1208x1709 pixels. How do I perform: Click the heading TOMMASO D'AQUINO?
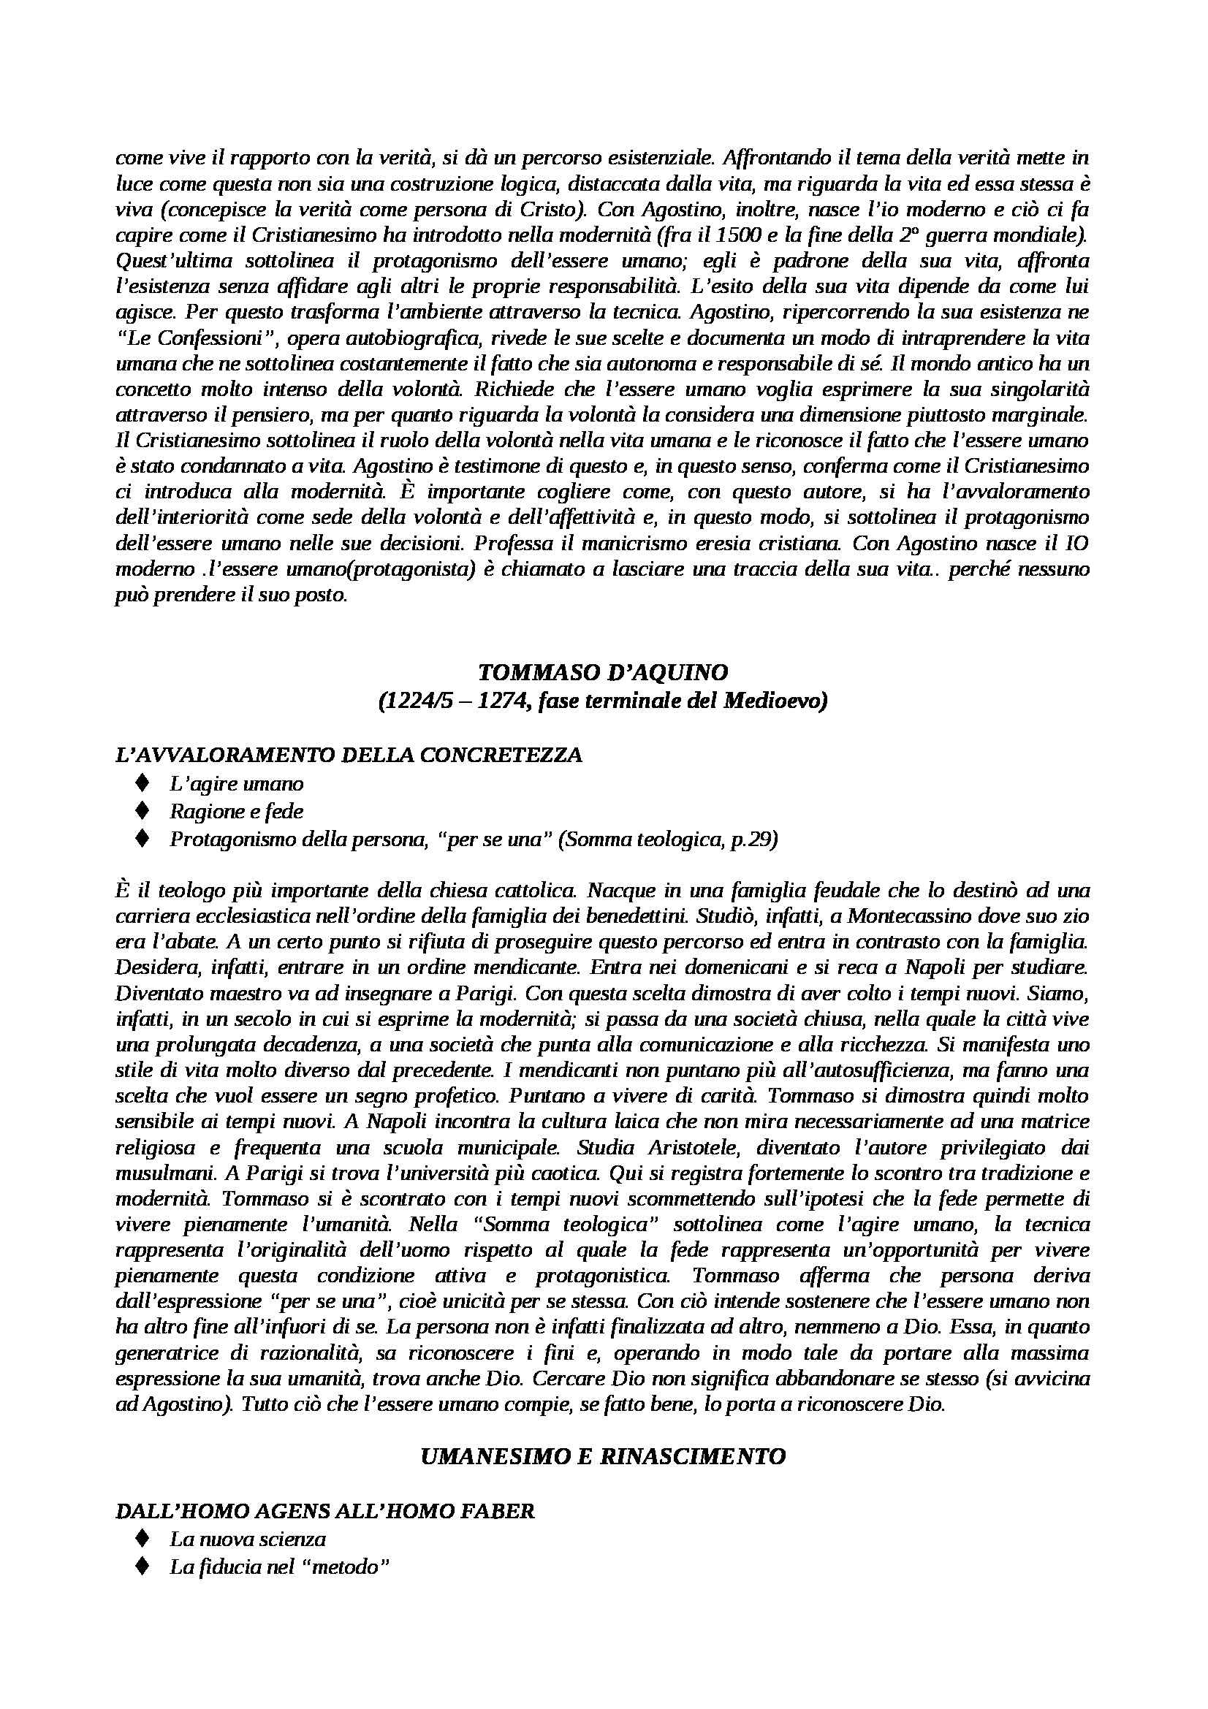tap(603, 672)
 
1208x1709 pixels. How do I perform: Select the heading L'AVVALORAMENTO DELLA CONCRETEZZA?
tap(349, 755)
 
